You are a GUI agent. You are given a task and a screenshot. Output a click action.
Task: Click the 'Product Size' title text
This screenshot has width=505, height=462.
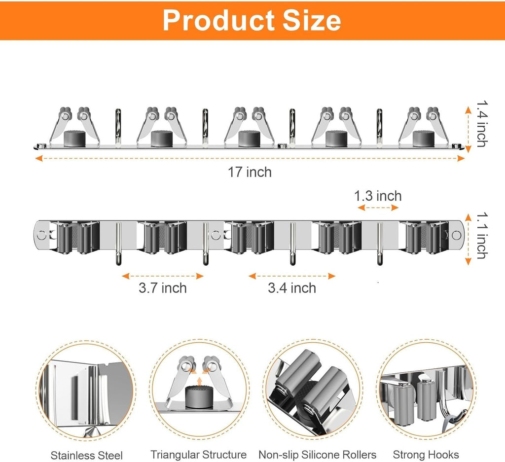pos(252,20)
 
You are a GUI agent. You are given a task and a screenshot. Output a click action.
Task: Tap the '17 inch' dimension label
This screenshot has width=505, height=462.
pos(250,172)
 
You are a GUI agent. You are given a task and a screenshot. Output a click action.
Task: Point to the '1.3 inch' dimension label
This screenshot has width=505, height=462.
pos(378,196)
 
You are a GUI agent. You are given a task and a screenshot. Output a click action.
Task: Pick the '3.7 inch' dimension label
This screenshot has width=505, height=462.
pos(163,287)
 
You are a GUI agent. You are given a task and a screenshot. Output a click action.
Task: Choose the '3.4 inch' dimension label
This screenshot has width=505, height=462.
pos(292,287)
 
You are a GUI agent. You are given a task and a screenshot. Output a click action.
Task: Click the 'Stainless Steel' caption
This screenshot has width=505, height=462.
pos(87,455)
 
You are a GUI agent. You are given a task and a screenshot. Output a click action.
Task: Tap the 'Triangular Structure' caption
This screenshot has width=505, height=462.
pos(198,454)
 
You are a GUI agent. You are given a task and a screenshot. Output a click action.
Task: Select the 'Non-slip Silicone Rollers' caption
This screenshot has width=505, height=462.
pos(318,455)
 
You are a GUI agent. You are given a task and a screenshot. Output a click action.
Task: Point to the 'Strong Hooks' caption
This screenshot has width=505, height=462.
pos(426,455)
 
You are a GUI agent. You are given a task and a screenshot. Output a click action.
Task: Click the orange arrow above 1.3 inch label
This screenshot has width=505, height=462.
pos(378,208)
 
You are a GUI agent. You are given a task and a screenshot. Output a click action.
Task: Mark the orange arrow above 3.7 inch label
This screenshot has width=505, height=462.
pos(163,276)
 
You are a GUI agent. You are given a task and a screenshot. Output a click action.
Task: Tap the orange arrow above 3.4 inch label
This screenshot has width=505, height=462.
pos(292,276)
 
